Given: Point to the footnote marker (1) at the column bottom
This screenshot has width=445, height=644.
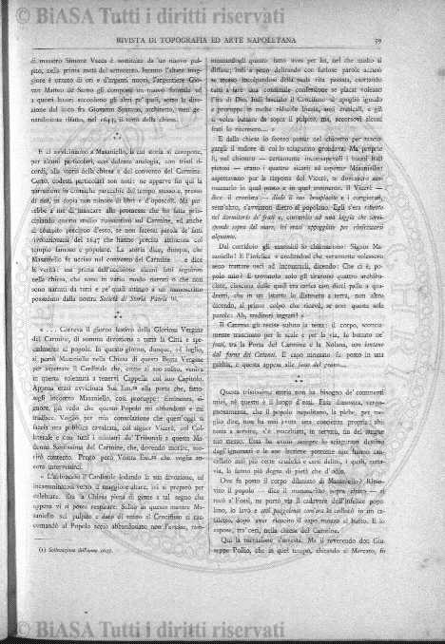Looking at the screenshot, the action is point(44,578).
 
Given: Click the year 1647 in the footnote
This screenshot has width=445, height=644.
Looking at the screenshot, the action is point(106,578).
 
